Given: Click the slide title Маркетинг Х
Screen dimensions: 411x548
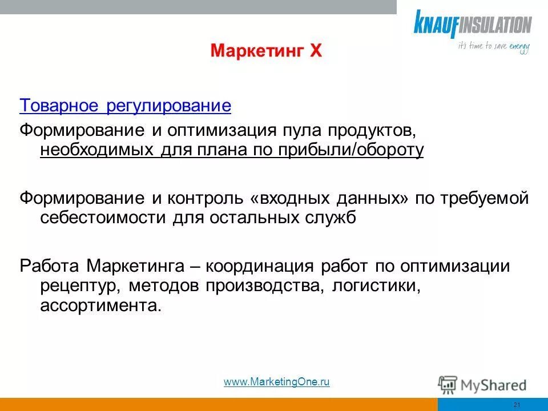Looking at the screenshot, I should pos(267,51).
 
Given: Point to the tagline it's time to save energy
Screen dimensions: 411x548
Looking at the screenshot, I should pos(494,47).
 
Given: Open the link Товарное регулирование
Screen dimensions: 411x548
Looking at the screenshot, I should pos(125,106).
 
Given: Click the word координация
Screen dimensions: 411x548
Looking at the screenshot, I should pos(260,266).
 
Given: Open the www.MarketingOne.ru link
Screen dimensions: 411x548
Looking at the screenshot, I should pos(277,382).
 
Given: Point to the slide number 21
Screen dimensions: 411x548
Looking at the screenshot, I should pos(517,405).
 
